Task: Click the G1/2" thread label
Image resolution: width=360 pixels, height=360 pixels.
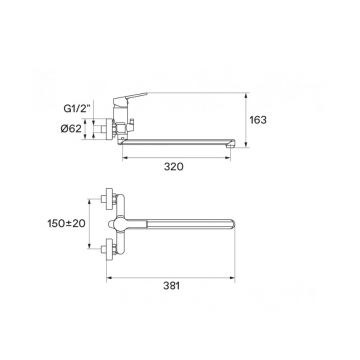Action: pos(78,109)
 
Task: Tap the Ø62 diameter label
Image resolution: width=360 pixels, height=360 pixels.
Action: pos(71,128)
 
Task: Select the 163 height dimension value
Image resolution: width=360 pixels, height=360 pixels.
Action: pos(258,120)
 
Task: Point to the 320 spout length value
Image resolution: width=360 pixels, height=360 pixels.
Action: pos(173,166)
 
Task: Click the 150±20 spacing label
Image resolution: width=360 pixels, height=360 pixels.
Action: pos(66,223)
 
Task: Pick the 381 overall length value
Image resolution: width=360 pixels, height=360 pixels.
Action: pos(171,286)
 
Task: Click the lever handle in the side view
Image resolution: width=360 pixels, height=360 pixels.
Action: pos(130,97)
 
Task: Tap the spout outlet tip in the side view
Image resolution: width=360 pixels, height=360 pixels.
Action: pos(231,144)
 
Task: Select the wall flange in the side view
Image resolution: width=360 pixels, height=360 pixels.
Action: pos(109,129)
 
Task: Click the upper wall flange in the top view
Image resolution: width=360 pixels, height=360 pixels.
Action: pos(109,199)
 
